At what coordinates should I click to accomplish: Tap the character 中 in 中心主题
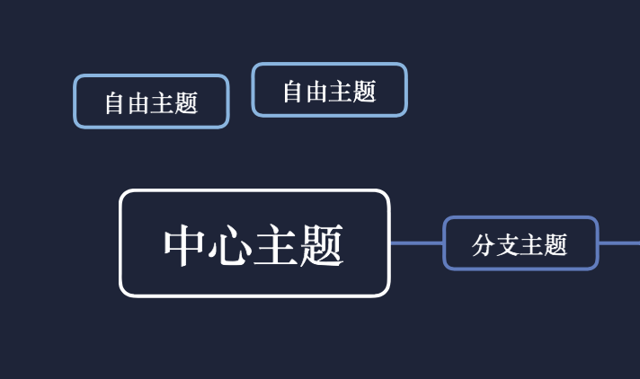[x=186, y=245]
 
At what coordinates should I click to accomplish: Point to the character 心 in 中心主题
[x=230, y=245]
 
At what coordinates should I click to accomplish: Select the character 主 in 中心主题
[x=276, y=245]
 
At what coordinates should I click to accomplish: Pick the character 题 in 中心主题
[x=322, y=245]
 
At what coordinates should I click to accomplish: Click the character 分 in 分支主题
[x=484, y=244]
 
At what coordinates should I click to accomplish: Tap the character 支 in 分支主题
[x=508, y=244]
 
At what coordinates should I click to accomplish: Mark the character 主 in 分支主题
[x=532, y=244]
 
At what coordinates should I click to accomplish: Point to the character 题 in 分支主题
[x=556, y=244]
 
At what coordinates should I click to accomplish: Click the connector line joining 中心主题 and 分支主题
[x=416, y=243]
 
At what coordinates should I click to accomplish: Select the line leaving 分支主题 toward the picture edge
[x=619, y=243]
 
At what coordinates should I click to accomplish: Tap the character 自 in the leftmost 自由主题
[x=115, y=103]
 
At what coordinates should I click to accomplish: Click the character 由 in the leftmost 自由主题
[x=138, y=103]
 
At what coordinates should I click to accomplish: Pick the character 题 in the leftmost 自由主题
[x=186, y=103]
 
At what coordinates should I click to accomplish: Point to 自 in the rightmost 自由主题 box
[x=294, y=92]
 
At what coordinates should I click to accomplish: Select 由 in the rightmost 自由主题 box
[x=317, y=92]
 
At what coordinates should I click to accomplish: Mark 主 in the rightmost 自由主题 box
[x=341, y=92]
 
